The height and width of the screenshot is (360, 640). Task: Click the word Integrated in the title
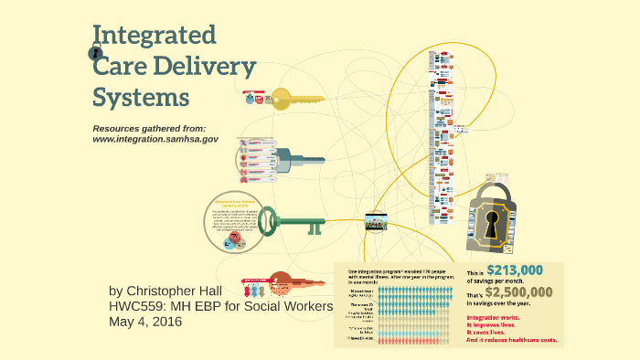(155, 37)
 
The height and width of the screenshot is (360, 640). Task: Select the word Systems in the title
(141, 96)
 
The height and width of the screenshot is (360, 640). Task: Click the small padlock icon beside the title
(97, 54)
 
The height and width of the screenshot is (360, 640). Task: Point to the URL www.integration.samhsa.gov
(155, 139)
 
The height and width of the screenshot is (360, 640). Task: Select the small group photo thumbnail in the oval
(378, 221)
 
